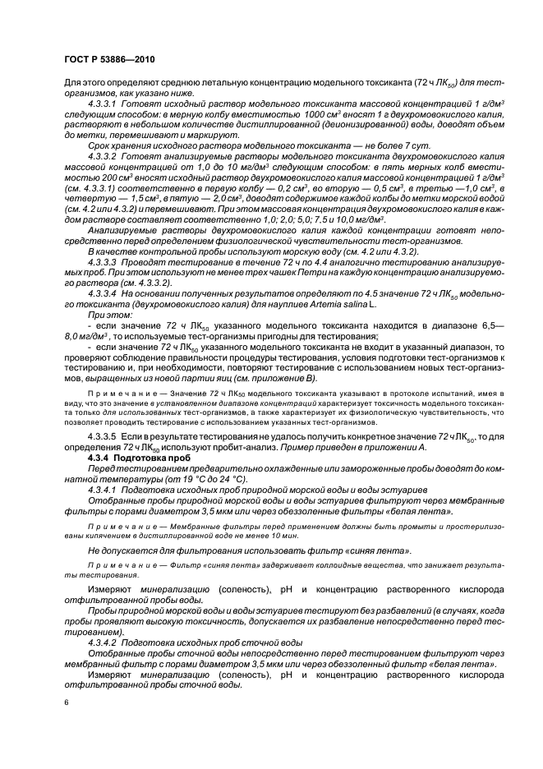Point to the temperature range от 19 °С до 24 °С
point(182,478)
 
